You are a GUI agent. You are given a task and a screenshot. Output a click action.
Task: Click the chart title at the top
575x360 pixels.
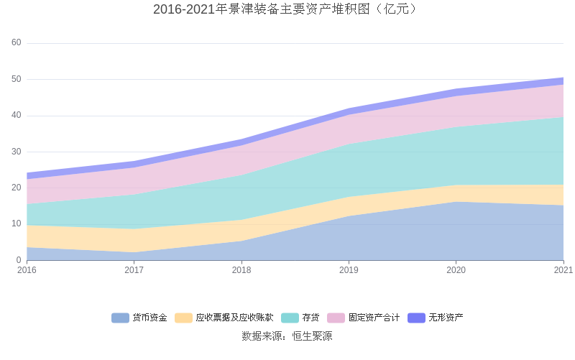pos(287,9)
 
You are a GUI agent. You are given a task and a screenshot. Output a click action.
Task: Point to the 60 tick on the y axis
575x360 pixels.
pos(17,43)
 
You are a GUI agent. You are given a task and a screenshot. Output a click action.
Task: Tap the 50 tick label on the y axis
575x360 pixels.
pos(17,79)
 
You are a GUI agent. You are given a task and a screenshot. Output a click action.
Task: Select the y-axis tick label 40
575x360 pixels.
pos(17,116)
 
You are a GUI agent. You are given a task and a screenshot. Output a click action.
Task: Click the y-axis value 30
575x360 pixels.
pos(17,152)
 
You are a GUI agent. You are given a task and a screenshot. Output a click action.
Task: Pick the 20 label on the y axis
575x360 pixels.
pos(17,188)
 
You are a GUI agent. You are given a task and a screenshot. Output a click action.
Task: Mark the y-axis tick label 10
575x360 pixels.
pos(17,224)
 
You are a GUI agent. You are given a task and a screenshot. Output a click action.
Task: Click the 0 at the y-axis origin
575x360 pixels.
pos(19,260)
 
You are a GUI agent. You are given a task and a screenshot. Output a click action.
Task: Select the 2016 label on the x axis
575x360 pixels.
pos(27,271)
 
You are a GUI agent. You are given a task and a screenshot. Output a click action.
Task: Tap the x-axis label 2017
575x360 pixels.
pos(134,271)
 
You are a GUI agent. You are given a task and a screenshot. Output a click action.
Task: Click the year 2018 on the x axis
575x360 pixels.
pos(241,271)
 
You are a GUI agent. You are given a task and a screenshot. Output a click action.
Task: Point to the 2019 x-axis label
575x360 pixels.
pos(349,271)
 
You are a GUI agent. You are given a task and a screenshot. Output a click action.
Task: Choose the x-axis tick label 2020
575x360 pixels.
pos(456,271)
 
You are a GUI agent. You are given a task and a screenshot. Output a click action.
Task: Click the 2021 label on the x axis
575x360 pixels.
pos(563,271)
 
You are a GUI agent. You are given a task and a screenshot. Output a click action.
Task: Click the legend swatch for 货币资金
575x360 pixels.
pos(120,318)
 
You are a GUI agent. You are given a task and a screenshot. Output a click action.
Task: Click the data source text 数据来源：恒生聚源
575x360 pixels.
pos(287,336)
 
